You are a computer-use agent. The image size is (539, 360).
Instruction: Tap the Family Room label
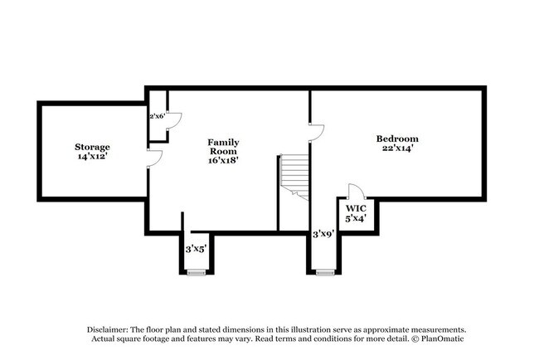[x=223, y=147]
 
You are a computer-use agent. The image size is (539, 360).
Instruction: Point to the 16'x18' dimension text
[x=223, y=162]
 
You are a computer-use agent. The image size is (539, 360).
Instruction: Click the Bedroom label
[x=397, y=139]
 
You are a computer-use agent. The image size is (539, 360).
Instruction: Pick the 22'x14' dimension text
[x=397, y=148]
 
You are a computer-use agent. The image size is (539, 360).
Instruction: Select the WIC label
[x=357, y=208]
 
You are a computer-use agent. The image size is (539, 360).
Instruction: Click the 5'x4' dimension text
[x=357, y=218]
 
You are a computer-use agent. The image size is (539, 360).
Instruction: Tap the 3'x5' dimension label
[x=196, y=248]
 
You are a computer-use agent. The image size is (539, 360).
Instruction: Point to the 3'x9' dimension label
[x=323, y=235]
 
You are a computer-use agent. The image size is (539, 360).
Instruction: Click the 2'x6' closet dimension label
[x=157, y=116]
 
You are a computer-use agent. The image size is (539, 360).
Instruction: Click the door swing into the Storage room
[x=153, y=160]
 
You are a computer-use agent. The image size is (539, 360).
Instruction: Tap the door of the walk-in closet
[x=354, y=191]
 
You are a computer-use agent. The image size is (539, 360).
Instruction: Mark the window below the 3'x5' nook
[x=196, y=272]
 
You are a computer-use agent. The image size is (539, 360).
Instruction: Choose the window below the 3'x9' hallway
[x=323, y=272]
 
